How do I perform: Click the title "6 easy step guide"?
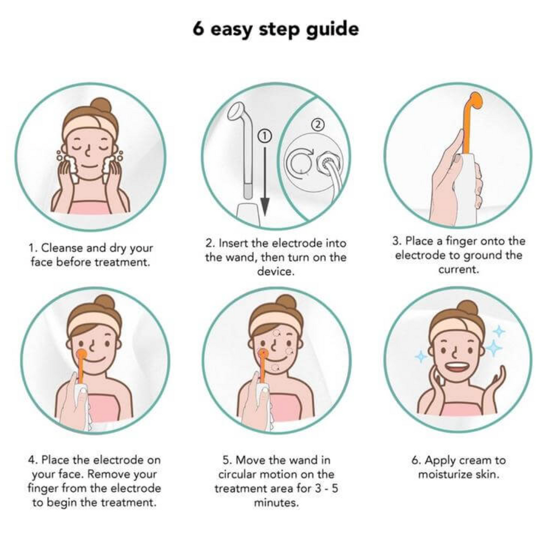point(276,29)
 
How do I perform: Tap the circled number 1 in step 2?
point(264,136)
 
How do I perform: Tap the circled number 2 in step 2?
point(317,124)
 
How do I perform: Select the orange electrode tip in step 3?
point(476,101)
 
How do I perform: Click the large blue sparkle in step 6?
point(493,347)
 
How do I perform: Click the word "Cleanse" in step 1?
point(62,248)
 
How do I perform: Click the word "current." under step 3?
point(458,270)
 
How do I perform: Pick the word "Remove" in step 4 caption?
point(108,474)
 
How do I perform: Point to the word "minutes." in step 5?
point(276,503)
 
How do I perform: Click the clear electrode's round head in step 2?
point(237,111)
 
